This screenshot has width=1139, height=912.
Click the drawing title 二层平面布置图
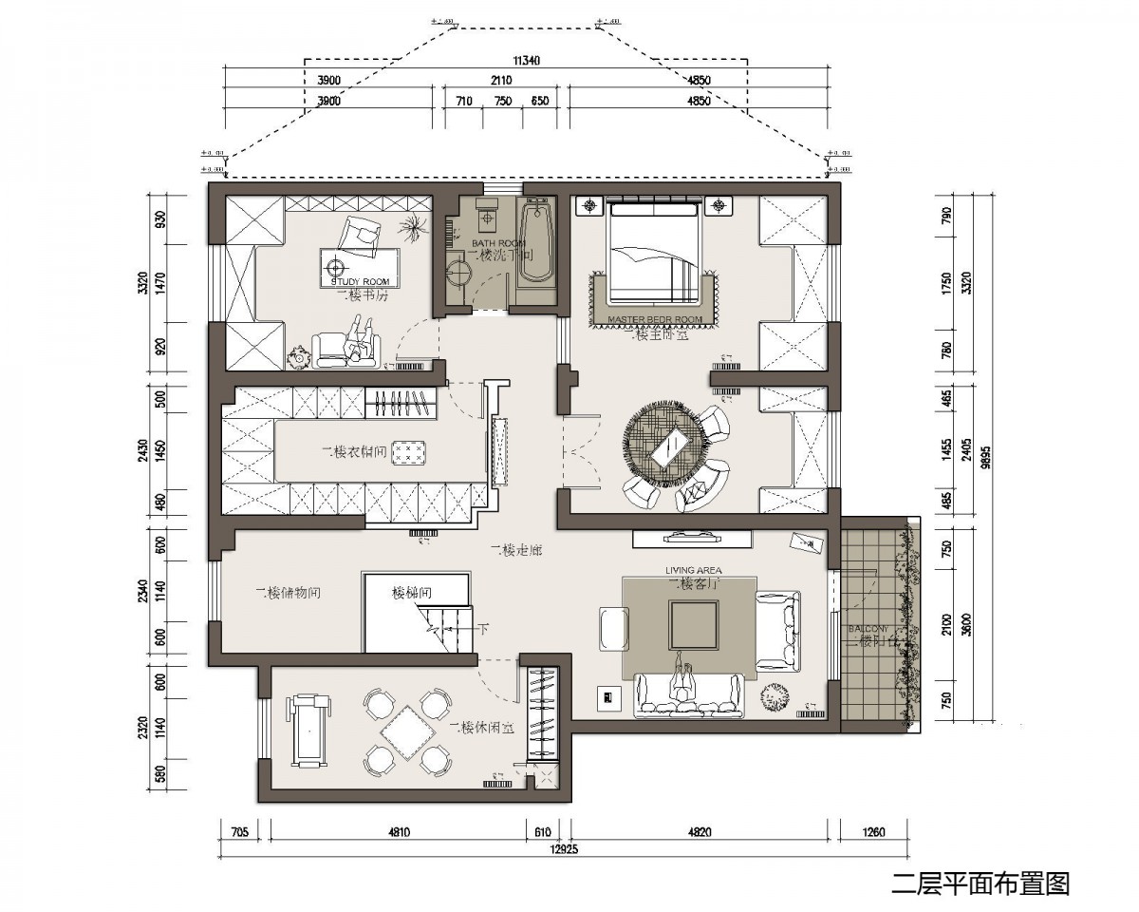[980, 883]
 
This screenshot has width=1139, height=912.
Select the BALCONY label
[868, 629]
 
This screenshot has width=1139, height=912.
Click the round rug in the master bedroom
[663, 443]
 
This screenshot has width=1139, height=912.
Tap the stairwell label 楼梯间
[413, 593]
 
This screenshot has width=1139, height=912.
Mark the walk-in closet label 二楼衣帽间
[353, 452]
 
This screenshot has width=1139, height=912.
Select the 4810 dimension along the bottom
[399, 833]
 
